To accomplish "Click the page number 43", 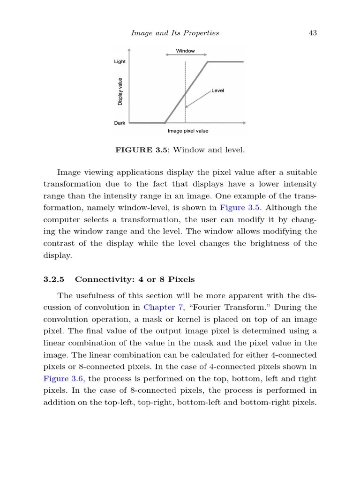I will (x=313, y=33).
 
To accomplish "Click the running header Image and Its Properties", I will (x=175, y=33).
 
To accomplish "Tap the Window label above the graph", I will (x=185, y=51).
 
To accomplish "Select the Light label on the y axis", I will (x=120, y=61).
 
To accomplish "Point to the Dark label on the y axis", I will (x=120, y=123).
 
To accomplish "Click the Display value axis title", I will (x=120, y=91).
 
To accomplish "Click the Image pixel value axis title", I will (x=188, y=131).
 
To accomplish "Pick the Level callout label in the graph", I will (x=217, y=90).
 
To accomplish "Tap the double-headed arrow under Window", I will (x=186, y=55).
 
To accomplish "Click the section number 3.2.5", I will (x=53, y=279).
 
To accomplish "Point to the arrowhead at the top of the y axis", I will (x=129, y=50).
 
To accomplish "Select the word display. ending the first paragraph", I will (x=58, y=255).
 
